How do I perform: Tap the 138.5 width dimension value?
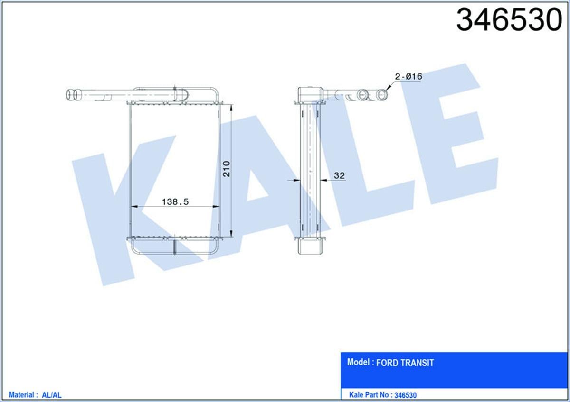[x=175, y=202]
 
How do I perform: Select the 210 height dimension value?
[x=227, y=169]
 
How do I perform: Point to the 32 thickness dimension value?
[x=339, y=176]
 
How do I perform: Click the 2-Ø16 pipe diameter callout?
[x=408, y=76]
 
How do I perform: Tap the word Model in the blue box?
[x=359, y=363]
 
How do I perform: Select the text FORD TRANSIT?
[x=405, y=363]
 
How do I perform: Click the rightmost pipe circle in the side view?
[x=382, y=95]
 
